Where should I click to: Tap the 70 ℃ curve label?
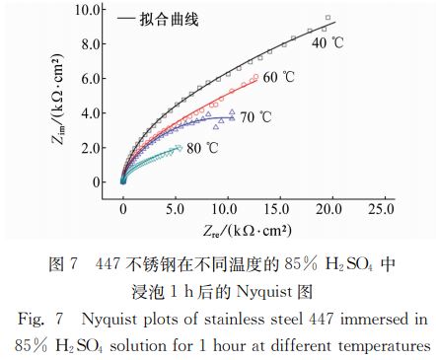pos(255,117)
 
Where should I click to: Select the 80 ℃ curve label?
pos(203,149)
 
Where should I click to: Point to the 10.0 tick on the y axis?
pos(89,9)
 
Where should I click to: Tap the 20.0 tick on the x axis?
pos(330,210)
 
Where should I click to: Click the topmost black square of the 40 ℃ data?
pos(327,18)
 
